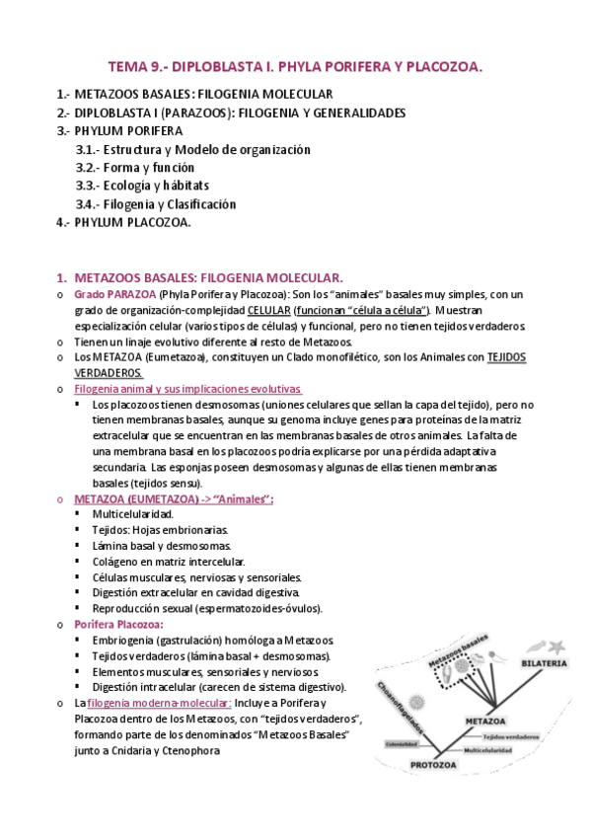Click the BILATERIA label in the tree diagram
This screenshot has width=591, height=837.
tap(544, 662)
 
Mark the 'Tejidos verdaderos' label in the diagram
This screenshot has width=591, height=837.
tap(511, 735)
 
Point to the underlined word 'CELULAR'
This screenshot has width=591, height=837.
tap(268, 310)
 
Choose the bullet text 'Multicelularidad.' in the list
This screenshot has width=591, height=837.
tap(132, 514)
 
